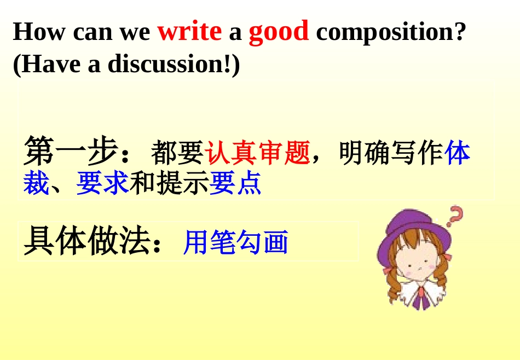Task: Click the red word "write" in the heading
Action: (x=189, y=32)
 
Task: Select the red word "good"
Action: (x=279, y=32)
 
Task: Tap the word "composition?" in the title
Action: (x=391, y=32)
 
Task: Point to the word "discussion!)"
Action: (x=174, y=64)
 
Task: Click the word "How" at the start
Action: (x=39, y=32)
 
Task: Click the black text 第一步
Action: (x=71, y=152)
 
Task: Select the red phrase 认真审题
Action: (x=257, y=153)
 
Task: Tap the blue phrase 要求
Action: (x=102, y=183)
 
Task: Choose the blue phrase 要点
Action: (x=235, y=183)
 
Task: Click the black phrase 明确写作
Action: (x=390, y=153)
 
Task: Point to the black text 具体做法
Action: (x=88, y=241)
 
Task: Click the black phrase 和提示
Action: (x=169, y=183)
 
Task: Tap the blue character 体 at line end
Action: (x=458, y=153)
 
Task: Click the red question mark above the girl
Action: (x=455, y=216)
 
